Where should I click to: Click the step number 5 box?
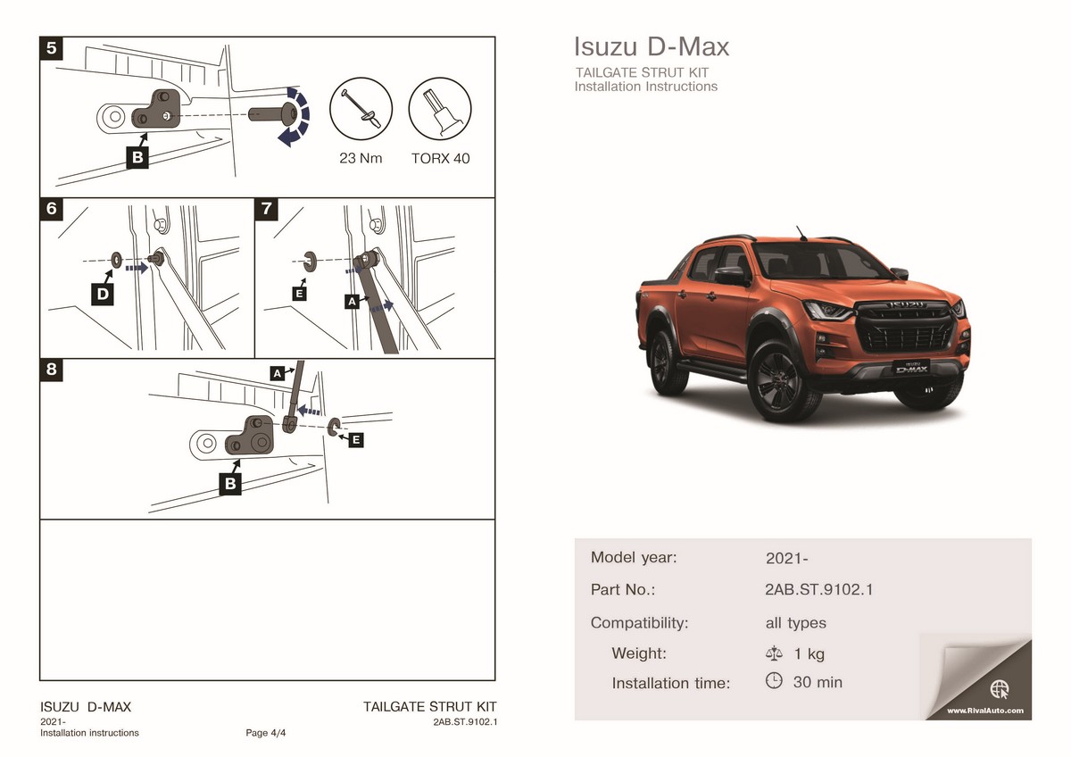point(52,48)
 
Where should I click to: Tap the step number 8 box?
point(52,370)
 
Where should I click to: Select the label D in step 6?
point(103,294)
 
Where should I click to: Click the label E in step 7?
point(299,293)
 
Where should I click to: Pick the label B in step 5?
point(137,157)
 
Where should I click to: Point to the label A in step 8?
point(278,373)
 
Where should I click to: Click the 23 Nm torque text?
point(361,158)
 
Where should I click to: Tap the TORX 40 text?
point(440,158)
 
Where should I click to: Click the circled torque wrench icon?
point(361,109)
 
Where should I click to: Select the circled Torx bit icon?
point(440,109)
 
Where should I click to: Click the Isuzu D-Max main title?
point(652,46)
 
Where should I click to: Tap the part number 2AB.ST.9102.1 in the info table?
point(818,589)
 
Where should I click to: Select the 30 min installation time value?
point(818,682)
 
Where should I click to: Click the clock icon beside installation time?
point(774,680)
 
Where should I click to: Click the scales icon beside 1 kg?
point(774,653)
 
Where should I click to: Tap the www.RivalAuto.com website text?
point(985,711)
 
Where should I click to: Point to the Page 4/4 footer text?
point(265,733)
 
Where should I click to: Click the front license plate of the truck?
point(911,367)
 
